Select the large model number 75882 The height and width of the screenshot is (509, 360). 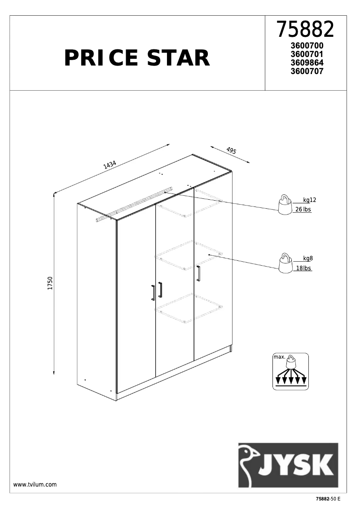click(305, 30)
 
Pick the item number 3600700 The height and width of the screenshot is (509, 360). click(307, 46)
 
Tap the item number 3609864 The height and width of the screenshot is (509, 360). click(307, 63)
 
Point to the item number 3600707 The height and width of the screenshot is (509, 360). click(307, 71)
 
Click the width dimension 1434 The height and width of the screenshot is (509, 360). click(110, 165)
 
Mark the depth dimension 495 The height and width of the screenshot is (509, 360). click(231, 151)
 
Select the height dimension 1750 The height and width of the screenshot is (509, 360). click(50, 284)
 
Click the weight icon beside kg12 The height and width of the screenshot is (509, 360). click(284, 206)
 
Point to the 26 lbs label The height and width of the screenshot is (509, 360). click(303, 210)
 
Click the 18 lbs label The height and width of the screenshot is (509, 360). click(303, 268)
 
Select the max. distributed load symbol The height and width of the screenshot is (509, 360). click(291, 371)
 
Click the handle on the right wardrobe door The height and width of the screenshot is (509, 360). click(198, 273)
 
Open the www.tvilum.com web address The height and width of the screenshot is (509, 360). click(35, 484)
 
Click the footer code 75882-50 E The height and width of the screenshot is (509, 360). click(328, 499)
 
